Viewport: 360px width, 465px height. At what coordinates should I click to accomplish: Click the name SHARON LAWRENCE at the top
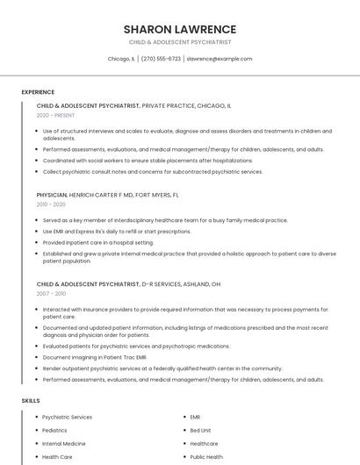(x=180, y=29)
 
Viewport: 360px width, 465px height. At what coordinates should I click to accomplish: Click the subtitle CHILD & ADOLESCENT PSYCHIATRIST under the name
(x=180, y=42)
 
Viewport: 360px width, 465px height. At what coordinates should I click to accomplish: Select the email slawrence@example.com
(x=220, y=59)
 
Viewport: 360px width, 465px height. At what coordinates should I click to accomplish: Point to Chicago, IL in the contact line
(x=121, y=59)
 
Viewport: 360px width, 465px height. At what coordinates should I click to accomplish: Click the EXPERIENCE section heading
(x=38, y=92)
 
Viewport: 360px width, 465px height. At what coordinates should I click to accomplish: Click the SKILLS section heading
(x=31, y=400)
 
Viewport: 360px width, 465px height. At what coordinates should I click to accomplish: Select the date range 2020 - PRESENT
(x=55, y=115)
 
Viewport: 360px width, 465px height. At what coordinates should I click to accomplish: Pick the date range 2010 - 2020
(x=51, y=204)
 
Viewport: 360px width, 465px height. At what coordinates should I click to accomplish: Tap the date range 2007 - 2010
(x=51, y=294)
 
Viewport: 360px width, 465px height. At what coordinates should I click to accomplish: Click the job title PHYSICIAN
(x=52, y=195)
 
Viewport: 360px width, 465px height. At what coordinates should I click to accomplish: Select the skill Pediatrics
(x=54, y=431)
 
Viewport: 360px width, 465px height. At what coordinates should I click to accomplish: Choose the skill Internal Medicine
(x=64, y=444)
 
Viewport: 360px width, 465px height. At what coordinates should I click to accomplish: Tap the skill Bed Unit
(x=201, y=431)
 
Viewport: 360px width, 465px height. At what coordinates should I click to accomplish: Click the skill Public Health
(x=207, y=457)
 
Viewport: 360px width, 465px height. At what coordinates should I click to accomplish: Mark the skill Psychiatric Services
(x=68, y=418)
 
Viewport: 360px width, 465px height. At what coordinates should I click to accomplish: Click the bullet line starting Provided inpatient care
(x=98, y=242)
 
